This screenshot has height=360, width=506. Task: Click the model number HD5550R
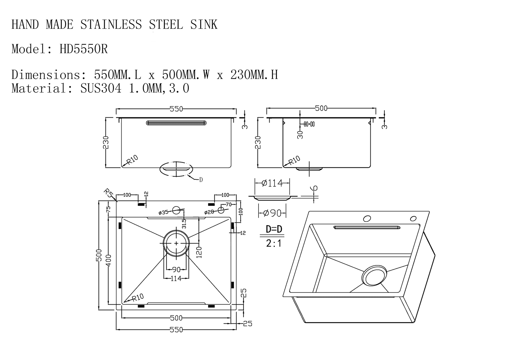click(84, 49)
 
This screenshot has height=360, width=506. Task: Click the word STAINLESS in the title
click(111, 25)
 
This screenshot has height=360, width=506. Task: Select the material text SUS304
click(101, 88)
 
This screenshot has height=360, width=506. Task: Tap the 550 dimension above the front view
click(176, 109)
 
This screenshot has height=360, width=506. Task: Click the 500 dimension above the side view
click(321, 108)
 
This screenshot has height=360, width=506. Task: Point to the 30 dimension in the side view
click(300, 135)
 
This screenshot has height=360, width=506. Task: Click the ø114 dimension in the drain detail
click(272, 183)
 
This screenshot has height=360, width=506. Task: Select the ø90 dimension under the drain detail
click(272, 213)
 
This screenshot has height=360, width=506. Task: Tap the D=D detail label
click(274, 229)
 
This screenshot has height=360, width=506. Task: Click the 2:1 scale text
click(274, 244)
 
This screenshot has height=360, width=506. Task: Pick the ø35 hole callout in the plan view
click(163, 212)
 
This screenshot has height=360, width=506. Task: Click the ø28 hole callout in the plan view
click(209, 212)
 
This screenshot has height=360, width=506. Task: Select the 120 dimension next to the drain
click(199, 252)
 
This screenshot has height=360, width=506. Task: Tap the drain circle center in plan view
click(176, 243)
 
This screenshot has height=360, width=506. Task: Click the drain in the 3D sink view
click(374, 275)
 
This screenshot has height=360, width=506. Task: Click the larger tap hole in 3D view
click(367, 219)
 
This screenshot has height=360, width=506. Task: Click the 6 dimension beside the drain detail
click(315, 189)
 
